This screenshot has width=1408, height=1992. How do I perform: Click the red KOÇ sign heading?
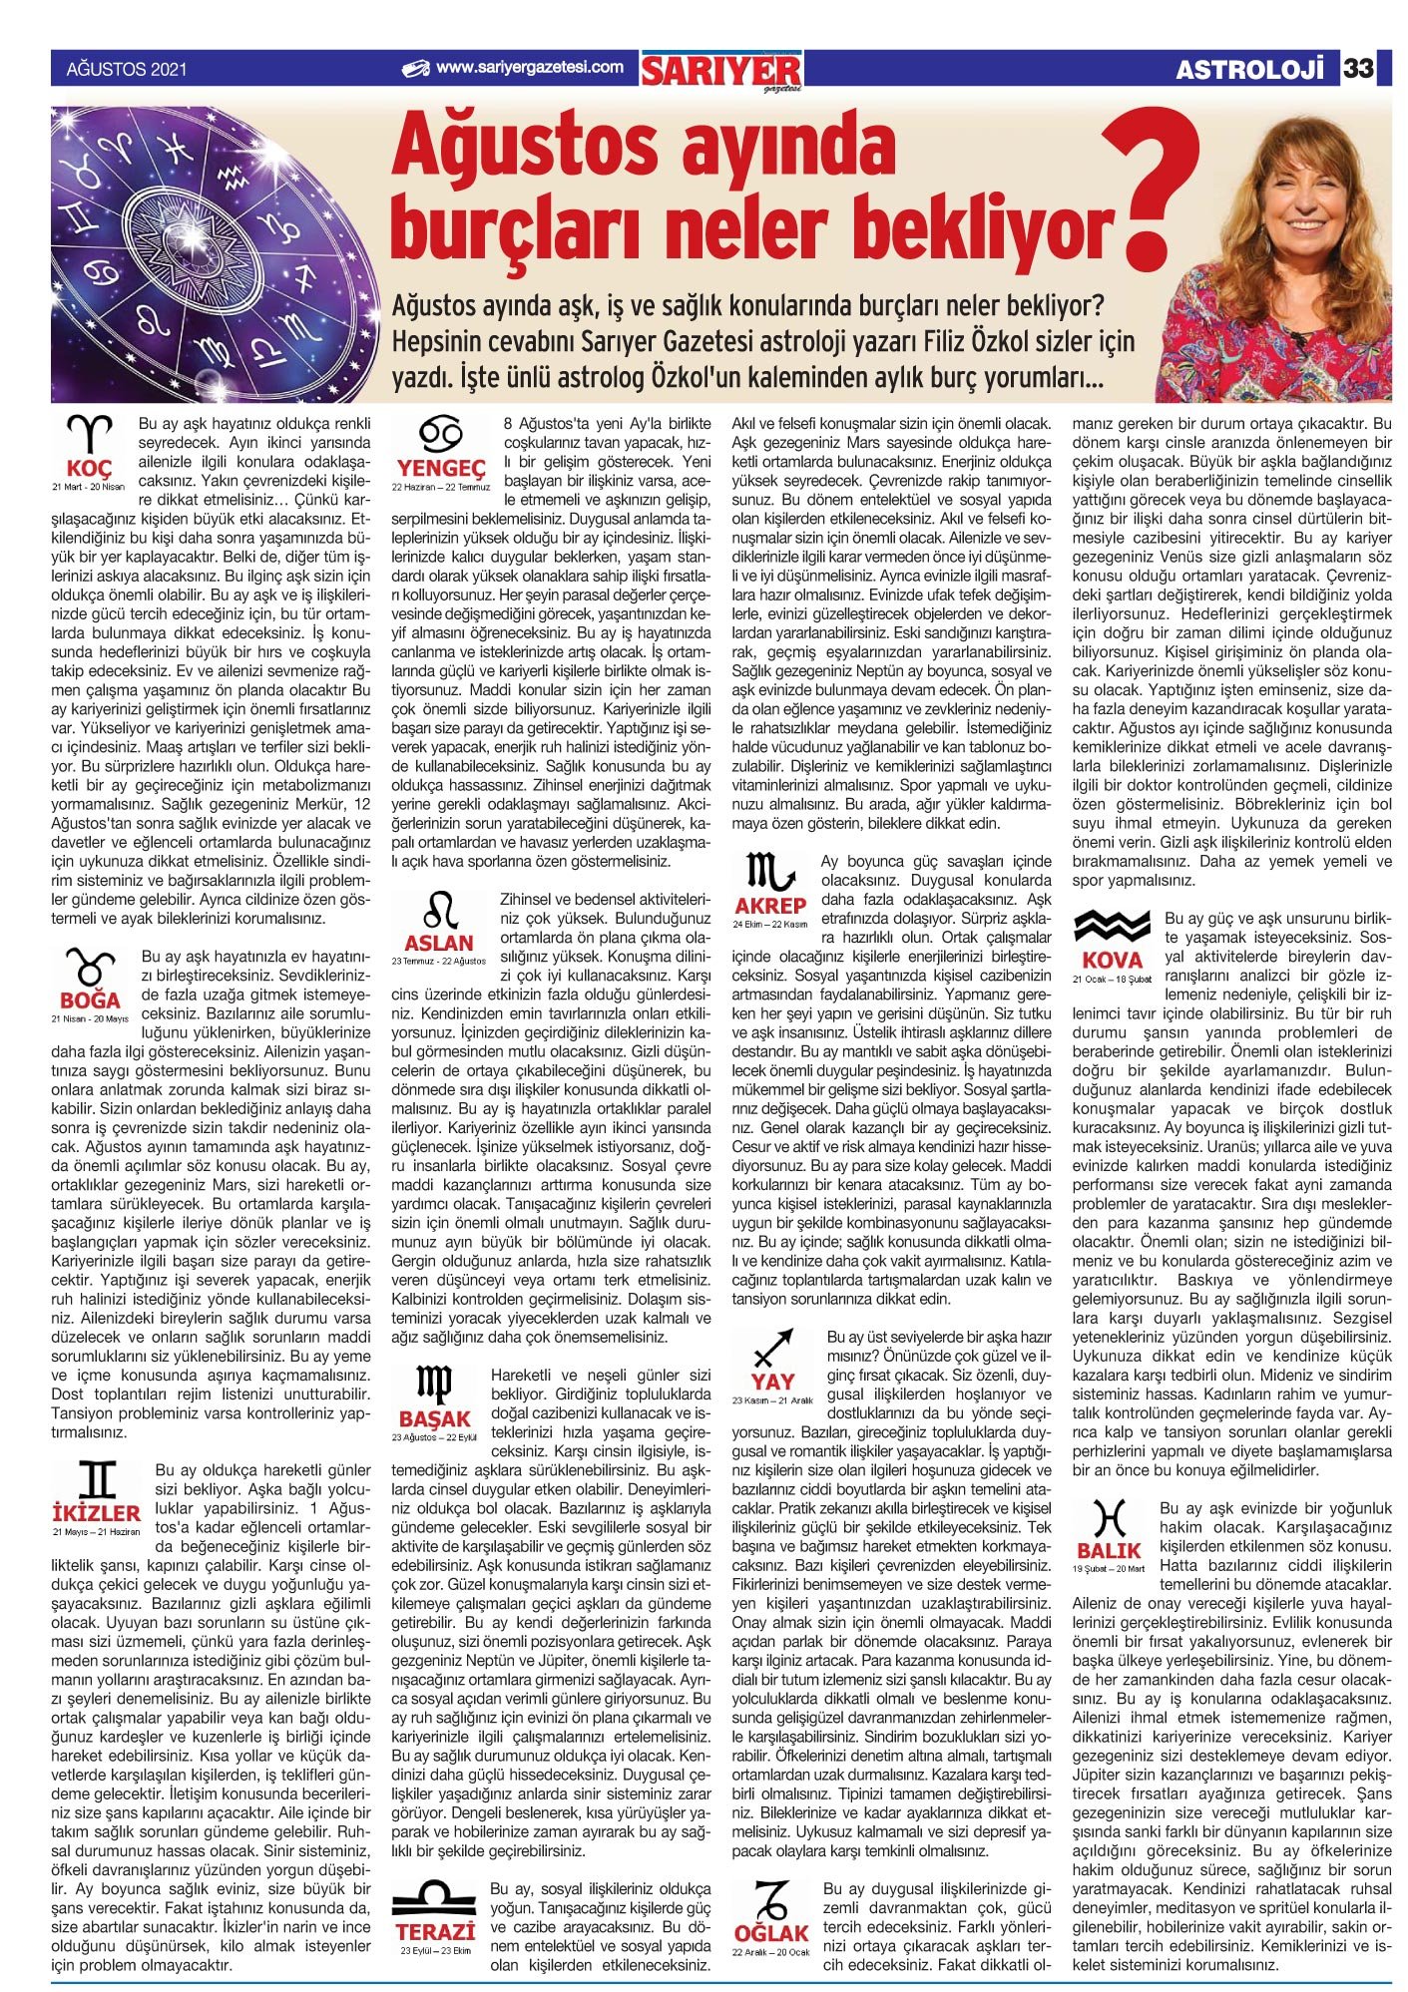tap(89, 469)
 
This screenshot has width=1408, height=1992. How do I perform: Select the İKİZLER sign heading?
tap(96, 1513)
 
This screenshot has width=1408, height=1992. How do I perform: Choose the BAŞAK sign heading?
tap(434, 1418)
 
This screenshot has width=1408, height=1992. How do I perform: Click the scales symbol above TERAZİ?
tap(434, 1894)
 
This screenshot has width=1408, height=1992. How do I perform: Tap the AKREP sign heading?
tap(769, 906)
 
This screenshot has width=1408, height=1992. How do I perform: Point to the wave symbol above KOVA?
tap(1112, 927)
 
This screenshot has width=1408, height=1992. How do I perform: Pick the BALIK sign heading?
tap(1109, 1551)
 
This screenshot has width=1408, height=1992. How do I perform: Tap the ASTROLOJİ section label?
tap(1253, 69)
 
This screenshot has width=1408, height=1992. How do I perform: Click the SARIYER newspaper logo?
tap(721, 70)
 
